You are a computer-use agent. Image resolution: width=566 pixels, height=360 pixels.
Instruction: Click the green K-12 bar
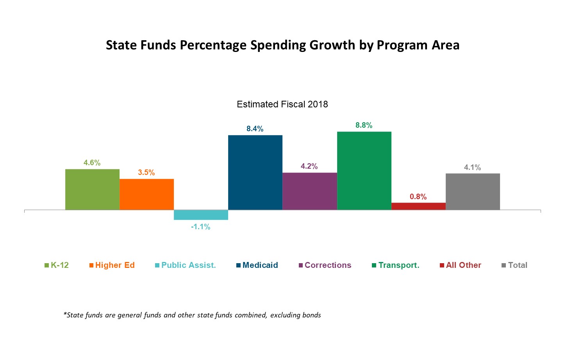point(92,189)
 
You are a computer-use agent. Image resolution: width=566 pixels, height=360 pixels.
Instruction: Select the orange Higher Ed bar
point(146,194)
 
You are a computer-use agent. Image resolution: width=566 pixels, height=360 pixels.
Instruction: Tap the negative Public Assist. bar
point(201,215)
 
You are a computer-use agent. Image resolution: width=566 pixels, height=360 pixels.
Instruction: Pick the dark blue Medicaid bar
point(255,172)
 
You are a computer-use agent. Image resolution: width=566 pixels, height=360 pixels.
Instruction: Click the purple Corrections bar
point(309,191)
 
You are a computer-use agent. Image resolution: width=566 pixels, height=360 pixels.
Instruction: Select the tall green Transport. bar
point(364,171)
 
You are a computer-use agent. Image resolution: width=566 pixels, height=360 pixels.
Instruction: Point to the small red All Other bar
point(418,206)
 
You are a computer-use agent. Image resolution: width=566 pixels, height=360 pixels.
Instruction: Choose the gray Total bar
point(473,191)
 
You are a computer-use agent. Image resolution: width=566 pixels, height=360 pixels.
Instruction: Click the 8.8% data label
point(364,125)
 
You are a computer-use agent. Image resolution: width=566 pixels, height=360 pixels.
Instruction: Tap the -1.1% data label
point(200,227)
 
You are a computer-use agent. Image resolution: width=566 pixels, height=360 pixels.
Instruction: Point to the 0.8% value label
point(418,197)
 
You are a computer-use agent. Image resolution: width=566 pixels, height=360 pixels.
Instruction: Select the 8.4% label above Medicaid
point(255,129)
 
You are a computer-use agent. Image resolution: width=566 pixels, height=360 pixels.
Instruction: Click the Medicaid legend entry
point(260,265)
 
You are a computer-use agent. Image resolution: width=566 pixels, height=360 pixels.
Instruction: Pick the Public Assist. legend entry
point(188,265)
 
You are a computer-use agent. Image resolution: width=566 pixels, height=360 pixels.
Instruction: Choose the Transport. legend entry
point(398,265)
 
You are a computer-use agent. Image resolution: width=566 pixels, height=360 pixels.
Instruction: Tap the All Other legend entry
point(463,265)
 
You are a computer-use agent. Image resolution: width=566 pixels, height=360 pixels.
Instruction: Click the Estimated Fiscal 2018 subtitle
point(282,104)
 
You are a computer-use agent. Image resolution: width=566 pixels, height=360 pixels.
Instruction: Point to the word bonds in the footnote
point(311,315)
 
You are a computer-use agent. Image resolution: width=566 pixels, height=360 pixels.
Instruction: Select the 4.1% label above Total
point(472,168)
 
